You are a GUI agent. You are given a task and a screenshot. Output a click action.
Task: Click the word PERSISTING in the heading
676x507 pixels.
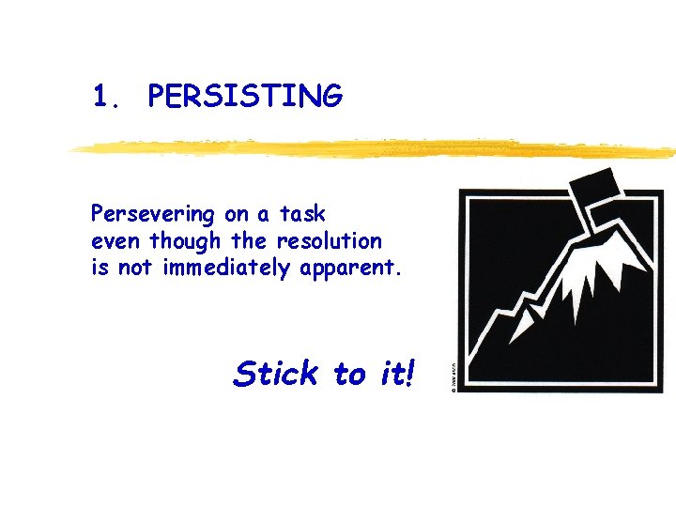pos(245,96)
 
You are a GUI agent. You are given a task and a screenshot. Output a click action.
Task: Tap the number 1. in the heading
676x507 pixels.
pos(105,96)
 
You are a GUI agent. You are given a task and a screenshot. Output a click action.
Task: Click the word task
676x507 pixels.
pos(301,214)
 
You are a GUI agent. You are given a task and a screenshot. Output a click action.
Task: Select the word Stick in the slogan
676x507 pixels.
pos(276,374)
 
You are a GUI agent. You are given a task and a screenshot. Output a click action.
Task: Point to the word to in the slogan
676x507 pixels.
pos(348,375)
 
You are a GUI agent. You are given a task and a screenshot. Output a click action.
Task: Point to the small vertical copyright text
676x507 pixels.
pos(452,380)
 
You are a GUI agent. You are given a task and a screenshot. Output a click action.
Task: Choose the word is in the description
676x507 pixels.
pos(100,269)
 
